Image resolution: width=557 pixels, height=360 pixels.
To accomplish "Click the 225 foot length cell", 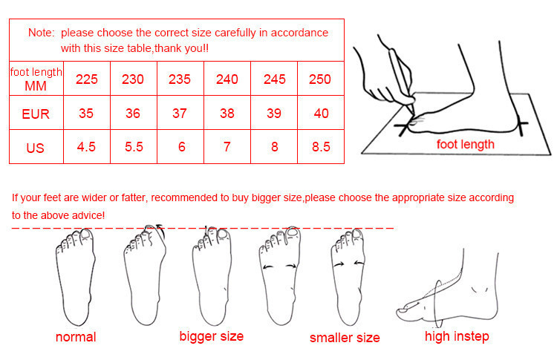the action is [x=87, y=79].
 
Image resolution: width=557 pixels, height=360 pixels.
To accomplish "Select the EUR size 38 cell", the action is [x=227, y=113].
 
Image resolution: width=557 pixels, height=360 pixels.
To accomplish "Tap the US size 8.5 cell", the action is [x=321, y=147].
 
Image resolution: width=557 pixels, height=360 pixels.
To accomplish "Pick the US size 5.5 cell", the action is [x=134, y=147].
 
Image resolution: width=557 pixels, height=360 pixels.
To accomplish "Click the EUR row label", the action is [x=36, y=114].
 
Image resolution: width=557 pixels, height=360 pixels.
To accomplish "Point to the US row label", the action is [x=35, y=148].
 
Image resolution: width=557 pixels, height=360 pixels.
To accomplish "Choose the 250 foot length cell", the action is [x=320, y=79].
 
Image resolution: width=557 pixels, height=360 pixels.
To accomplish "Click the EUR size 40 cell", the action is [x=321, y=113].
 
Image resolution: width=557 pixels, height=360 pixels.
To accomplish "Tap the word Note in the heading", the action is [x=40, y=33].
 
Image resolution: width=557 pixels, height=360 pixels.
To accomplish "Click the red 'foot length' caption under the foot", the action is [x=466, y=145].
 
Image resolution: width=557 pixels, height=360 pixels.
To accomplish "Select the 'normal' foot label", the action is [x=76, y=337].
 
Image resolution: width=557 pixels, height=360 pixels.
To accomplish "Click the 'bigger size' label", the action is [x=212, y=336].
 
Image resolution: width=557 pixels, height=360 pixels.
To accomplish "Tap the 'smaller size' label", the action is [x=345, y=338].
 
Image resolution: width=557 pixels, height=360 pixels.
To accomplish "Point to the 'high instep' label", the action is [x=457, y=336].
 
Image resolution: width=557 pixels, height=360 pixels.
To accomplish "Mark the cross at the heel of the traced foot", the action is [x=521, y=125].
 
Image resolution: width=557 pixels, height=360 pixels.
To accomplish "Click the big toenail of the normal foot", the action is [x=85, y=233].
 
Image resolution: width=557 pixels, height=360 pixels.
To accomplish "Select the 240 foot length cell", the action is [x=227, y=79].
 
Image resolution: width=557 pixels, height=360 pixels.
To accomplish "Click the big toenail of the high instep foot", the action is [x=403, y=310].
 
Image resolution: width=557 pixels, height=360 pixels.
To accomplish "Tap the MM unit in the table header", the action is [x=36, y=86].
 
